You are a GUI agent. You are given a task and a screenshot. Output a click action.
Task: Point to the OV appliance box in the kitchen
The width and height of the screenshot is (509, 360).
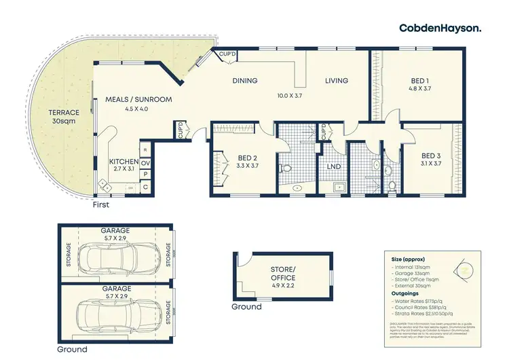(145, 163)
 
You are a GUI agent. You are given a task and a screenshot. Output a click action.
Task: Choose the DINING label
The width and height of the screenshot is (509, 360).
(245, 81)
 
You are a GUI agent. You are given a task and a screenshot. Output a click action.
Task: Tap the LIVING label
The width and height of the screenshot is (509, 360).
(335, 81)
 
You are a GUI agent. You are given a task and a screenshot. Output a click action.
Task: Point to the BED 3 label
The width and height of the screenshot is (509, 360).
(431, 159)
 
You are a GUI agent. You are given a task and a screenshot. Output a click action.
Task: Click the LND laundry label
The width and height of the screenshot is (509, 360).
(334, 166)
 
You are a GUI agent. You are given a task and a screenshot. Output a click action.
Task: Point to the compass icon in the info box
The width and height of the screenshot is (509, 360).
(464, 270)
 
